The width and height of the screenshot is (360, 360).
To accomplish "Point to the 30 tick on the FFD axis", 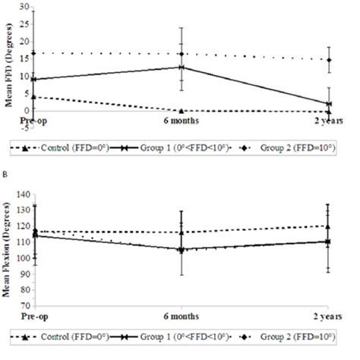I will (x=23, y=7).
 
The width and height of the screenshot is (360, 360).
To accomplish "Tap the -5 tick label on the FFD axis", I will (x=23, y=126).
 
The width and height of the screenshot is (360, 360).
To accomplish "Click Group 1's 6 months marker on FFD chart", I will (x=181, y=67).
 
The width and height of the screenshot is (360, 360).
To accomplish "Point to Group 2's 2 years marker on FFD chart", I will (x=328, y=60).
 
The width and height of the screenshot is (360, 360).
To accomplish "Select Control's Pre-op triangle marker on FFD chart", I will (x=33, y=96).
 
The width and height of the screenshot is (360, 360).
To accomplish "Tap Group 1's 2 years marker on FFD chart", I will (x=328, y=103).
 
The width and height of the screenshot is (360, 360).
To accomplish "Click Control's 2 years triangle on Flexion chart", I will (x=328, y=226).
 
